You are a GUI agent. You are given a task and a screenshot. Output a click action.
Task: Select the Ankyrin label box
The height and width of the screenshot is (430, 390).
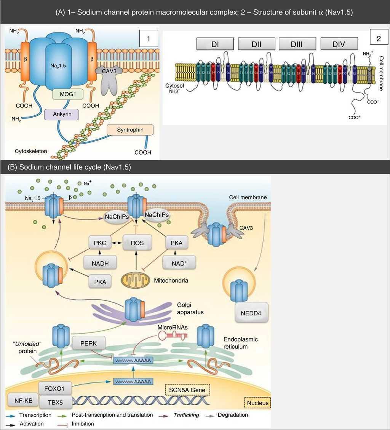pyautogui.click(x=63, y=113)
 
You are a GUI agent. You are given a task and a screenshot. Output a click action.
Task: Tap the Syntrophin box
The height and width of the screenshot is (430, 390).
pyautogui.click(x=130, y=130)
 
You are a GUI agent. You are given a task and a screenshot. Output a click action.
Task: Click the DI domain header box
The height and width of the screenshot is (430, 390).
pyautogui.click(x=215, y=44)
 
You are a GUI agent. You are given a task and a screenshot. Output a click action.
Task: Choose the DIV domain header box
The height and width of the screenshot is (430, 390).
pyautogui.click(x=339, y=44)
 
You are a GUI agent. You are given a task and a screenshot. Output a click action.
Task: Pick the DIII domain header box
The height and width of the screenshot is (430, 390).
pyautogui.click(x=297, y=44)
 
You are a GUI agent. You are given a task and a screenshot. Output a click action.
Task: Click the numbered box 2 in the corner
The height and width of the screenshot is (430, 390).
pyautogui.click(x=379, y=39)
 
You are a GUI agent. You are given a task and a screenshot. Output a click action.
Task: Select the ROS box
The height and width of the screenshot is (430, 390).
pyautogui.click(x=137, y=243)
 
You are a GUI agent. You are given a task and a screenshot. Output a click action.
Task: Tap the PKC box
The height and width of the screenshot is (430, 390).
pyautogui.click(x=99, y=243)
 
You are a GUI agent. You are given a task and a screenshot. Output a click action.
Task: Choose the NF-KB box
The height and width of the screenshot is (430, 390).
pyautogui.click(x=22, y=400)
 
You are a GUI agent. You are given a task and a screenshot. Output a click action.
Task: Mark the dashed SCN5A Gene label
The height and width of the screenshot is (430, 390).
pyautogui.click(x=187, y=390)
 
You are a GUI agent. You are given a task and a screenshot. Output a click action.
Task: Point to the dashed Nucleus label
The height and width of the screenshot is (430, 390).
pyautogui.click(x=257, y=403)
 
